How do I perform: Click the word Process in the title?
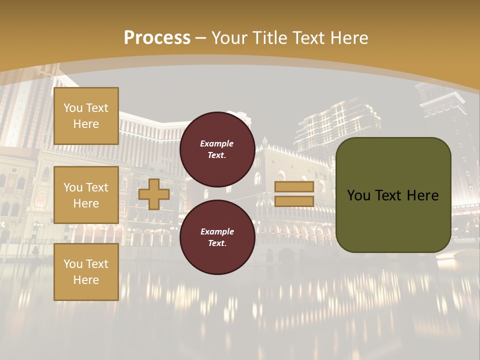[x=157, y=38]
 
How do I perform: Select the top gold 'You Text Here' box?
[x=86, y=116]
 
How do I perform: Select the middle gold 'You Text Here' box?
[x=86, y=195]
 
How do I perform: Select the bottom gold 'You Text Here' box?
[x=86, y=272]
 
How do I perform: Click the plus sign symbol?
[x=154, y=194]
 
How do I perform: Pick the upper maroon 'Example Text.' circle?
[x=217, y=149]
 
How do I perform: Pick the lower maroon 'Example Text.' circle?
[x=217, y=237]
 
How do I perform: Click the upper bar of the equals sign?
[x=294, y=187]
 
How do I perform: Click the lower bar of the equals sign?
[x=294, y=201]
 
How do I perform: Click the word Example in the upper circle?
[x=217, y=143]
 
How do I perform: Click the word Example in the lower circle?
[x=217, y=231]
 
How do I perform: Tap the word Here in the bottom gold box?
[x=86, y=280]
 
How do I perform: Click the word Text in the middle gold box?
[x=96, y=187]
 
